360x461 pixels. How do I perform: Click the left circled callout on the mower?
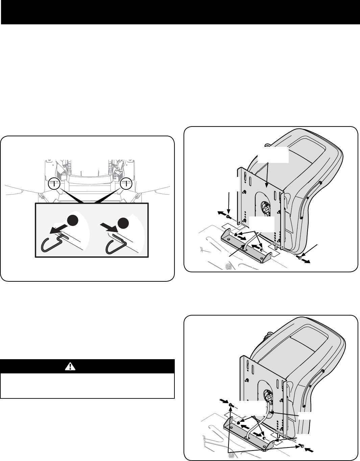tap(53, 184)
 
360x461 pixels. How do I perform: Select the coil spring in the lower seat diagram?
tap(232, 456)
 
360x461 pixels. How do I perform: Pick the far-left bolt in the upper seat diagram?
tap(229, 216)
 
